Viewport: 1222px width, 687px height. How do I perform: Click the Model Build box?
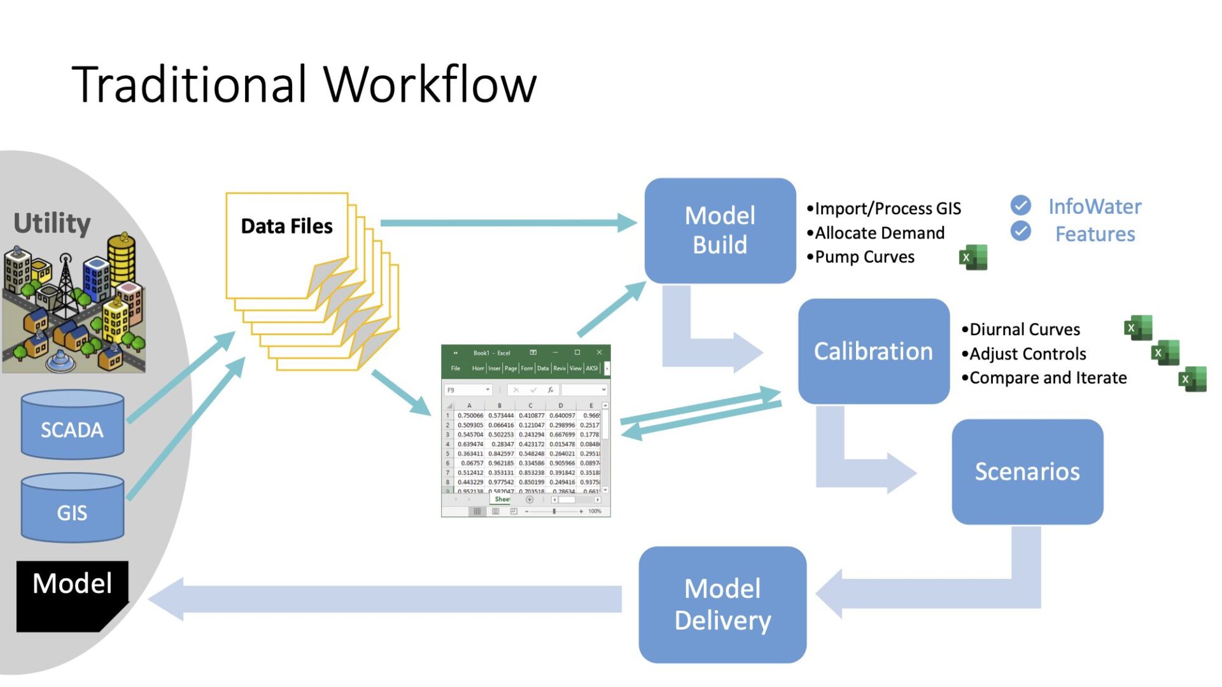(720, 230)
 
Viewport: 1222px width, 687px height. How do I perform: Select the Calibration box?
(873, 351)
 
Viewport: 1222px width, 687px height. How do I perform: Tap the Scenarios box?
(1027, 471)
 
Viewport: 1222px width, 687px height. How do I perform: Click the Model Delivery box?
(722, 604)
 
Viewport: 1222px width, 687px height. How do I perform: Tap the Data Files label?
(286, 226)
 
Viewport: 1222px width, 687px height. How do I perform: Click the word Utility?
(52, 223)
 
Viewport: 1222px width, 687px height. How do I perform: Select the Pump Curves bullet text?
(864, 257)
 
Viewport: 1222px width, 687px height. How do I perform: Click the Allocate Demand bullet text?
(879, 233)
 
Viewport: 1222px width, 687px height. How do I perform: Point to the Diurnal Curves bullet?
(1024, 330)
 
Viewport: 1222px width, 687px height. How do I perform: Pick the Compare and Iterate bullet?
(1048, 378)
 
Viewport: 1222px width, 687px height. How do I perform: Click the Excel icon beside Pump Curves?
(973, 258)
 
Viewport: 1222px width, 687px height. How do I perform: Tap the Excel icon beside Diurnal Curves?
(1138, 328)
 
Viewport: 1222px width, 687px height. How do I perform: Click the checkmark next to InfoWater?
(1021, 205)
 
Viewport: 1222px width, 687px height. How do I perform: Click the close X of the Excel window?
(599, 352)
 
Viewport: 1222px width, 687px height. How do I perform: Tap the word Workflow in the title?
(430, 85)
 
